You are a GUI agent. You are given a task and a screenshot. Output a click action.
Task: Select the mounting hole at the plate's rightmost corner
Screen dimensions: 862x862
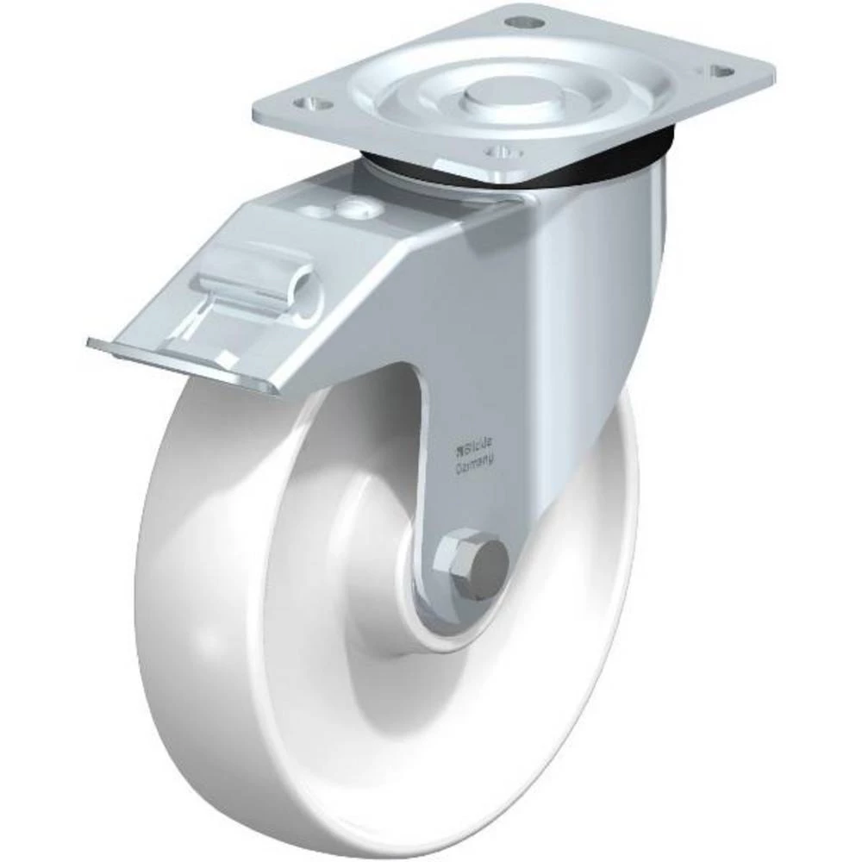[x=722, y=72]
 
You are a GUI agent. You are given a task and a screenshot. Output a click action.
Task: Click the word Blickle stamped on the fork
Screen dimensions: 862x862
[x=476, y=448]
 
